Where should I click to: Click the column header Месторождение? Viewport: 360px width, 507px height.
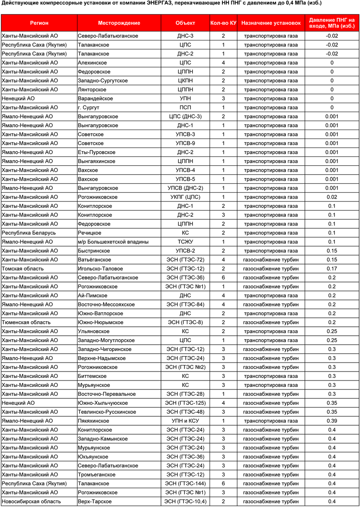click(119, 23)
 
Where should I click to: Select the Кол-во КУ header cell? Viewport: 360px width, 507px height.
click(223, 23)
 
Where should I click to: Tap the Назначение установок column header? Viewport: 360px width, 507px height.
click(271, 23)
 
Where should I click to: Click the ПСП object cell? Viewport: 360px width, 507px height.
click(185, 107)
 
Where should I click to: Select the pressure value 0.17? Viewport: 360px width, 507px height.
click(332, 268)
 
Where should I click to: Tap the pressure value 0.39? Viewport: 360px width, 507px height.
click(332, 421)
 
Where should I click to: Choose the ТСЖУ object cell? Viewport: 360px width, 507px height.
click(185, 242)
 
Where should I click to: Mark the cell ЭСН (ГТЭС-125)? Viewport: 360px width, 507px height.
click(185, 403)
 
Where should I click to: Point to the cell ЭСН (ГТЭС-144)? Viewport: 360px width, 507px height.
click(185, 483)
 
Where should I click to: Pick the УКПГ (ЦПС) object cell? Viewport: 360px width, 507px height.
click(185, 197)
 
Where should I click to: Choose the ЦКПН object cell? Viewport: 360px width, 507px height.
click(185, 81)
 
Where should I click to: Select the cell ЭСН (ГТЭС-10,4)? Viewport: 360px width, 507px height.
click(185, 501)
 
